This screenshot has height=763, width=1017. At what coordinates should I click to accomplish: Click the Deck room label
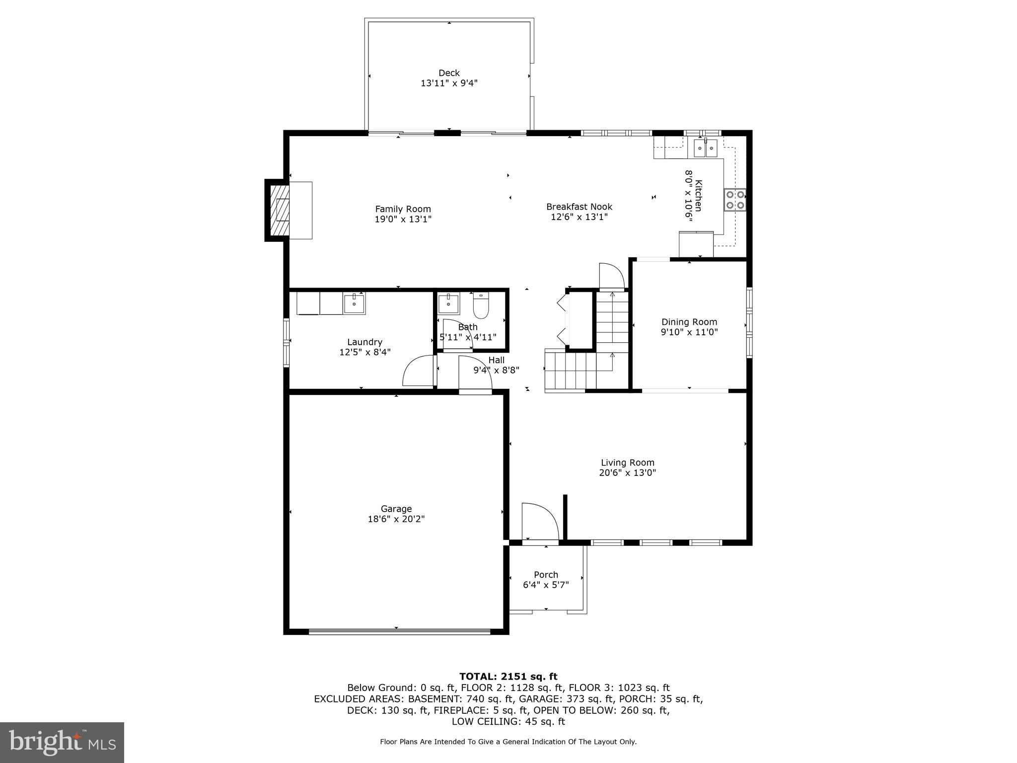(449, 73)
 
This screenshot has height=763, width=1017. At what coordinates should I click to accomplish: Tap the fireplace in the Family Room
(280, 210)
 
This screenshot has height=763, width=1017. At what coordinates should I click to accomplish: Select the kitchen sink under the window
(706, 148)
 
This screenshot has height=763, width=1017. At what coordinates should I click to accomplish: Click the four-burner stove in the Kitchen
(734, 200)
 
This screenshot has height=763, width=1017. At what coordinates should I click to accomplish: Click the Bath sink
(448, 303)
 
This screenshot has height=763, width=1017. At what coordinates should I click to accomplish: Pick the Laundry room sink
(354, 303)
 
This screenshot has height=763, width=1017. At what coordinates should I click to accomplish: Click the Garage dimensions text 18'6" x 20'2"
(396, 519)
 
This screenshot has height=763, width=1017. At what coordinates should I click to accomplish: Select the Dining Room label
(689, 322)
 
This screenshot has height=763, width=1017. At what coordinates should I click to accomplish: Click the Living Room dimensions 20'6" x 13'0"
(627, 473)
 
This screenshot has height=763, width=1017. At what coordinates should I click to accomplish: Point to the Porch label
(546, 574)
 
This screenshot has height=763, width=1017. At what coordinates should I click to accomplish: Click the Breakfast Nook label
(579, 207)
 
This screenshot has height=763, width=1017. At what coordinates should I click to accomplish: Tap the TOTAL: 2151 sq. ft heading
(508, 676)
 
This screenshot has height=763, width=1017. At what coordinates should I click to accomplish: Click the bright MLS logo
(62, 742)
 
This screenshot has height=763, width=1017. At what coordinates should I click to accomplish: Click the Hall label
(496, 360)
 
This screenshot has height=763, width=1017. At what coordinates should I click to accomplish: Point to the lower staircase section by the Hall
(571, 370)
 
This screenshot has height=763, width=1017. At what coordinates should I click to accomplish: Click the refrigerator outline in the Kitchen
(696, 244)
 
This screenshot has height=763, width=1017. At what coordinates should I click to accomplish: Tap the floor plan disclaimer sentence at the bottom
(508, 742)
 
